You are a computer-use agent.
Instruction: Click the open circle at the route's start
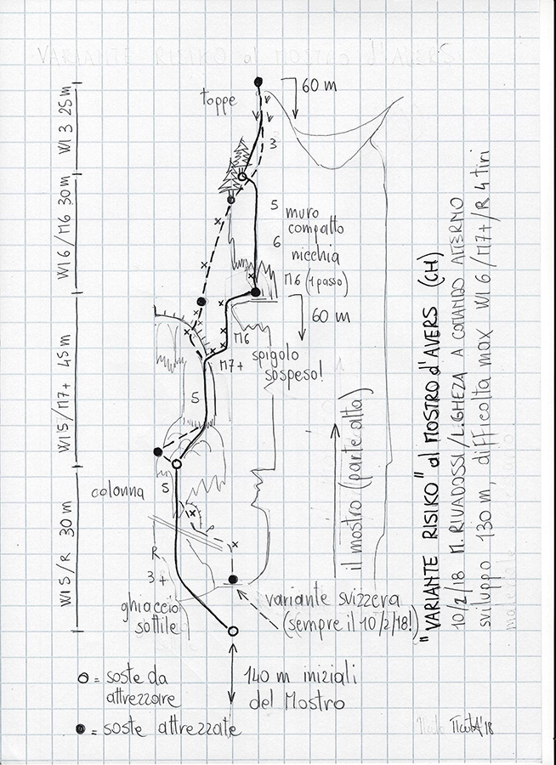(x=233, y=631)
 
